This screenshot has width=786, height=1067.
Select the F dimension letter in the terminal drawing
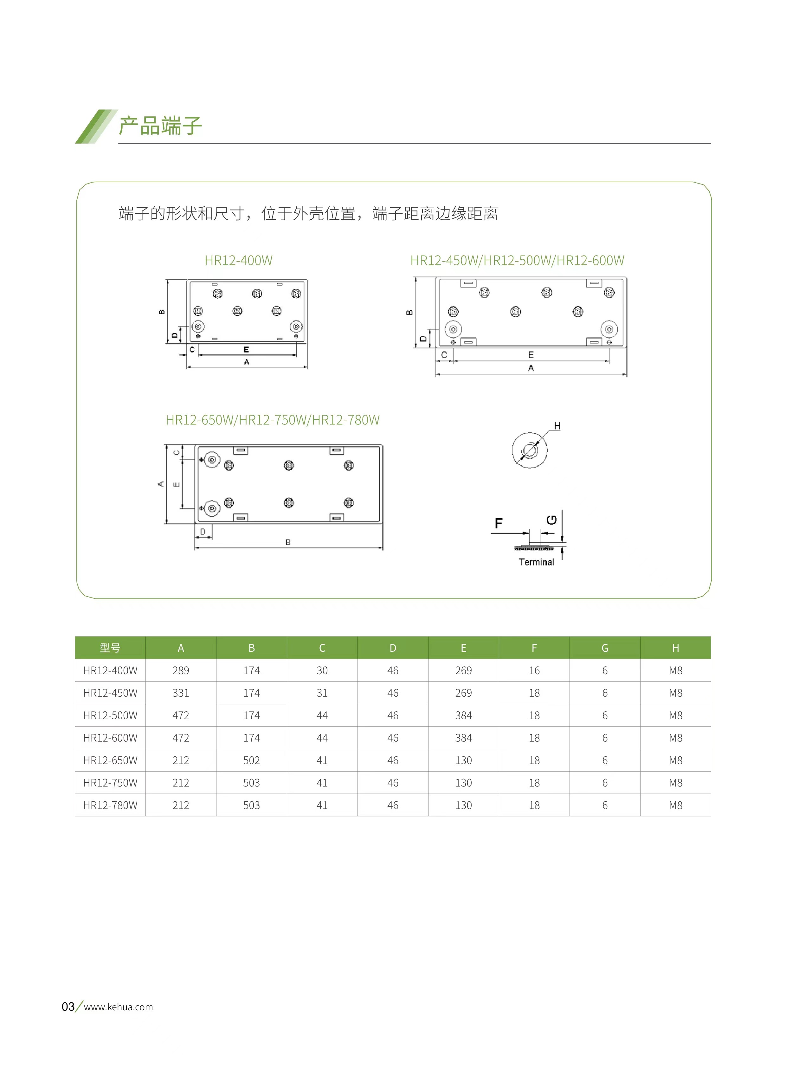pos(498,523)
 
